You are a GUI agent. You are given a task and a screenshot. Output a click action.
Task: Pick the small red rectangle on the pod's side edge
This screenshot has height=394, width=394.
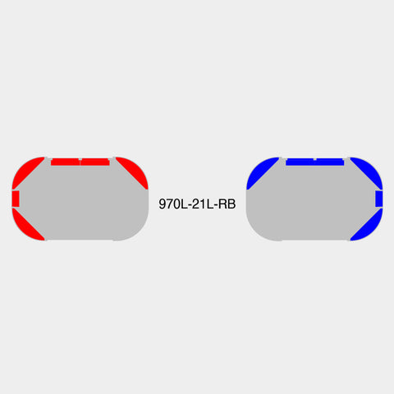[16, 199]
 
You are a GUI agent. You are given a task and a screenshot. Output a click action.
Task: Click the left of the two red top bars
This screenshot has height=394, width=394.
[65, 162]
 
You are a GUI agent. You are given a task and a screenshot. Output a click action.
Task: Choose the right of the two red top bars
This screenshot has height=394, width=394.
[95, 162]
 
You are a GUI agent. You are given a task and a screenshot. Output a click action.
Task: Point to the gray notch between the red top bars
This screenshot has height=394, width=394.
[80, 159]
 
